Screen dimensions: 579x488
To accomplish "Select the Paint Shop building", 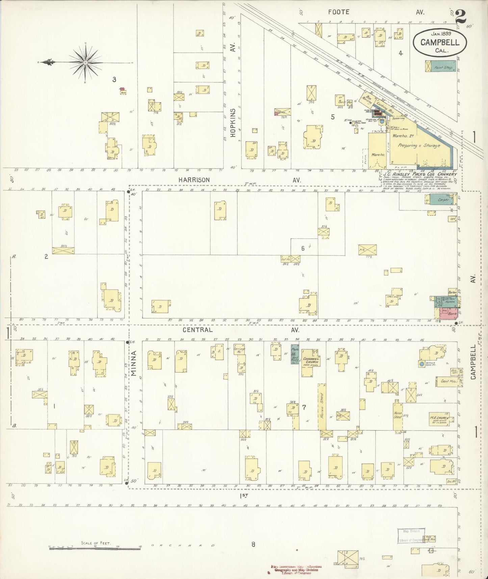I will (x=440, y=66).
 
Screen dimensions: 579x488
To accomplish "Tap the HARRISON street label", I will (x=194, y=180).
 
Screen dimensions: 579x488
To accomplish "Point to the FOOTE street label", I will (x=339, y=12).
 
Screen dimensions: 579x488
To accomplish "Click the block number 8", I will (x=253, y=544).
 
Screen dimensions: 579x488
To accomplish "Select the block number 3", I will (x=114, y=79).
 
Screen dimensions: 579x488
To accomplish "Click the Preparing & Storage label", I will (x=419, y=146).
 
